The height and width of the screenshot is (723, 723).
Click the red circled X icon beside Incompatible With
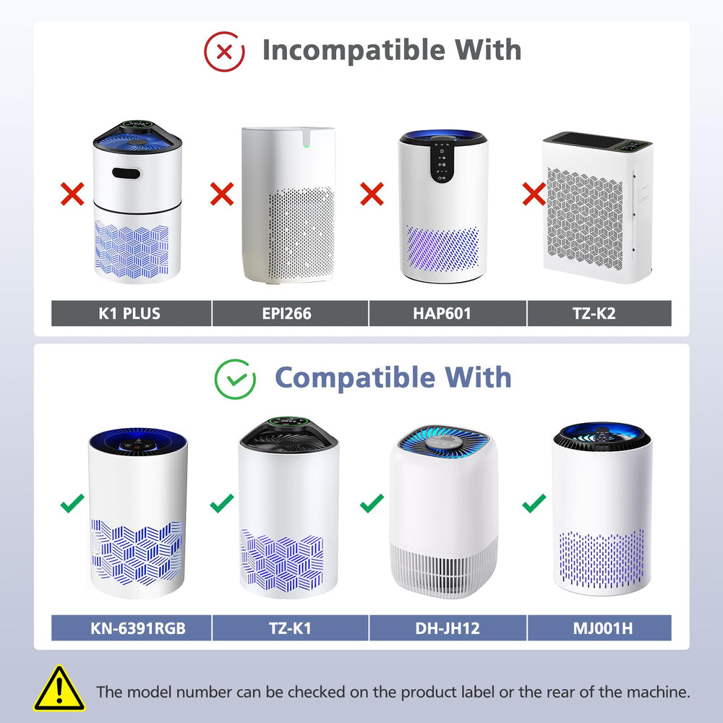click(x=224, y=51)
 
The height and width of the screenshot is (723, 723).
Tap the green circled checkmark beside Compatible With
click(x=235, y=379)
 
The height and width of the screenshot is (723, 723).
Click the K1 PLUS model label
click(x=129, y=314)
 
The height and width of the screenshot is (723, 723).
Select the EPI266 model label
click(x=286, y=314)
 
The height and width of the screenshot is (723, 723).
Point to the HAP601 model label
click(x=442, y=314)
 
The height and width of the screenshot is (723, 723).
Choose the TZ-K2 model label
click(x=594, y=314)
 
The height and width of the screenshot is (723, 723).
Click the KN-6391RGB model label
click(x=138, y=628)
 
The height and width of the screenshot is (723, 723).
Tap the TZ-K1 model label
click(x=290, y=628)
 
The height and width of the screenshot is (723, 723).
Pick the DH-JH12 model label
click(x=448, y=628)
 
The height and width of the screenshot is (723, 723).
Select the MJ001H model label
click(x=603, y=628)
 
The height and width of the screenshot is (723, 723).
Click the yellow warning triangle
click(x=59, y=688)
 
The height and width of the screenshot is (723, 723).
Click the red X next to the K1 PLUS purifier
click(x=72, y=194)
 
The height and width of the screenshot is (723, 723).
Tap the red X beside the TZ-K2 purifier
click(x=534, y=194)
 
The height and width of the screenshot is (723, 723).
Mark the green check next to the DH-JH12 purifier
click(x=372, y=503)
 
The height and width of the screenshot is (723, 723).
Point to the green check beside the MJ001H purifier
click(x=534, y=503)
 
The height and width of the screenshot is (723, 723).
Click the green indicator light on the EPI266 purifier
click(x=305, y=146)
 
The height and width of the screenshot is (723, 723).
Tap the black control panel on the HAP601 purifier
click(x=442, y=161)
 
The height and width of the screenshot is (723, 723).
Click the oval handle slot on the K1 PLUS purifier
click(x=127, y=174)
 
